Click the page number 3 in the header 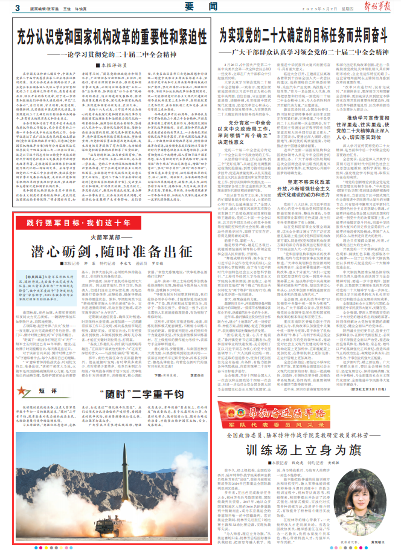(18, 7)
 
